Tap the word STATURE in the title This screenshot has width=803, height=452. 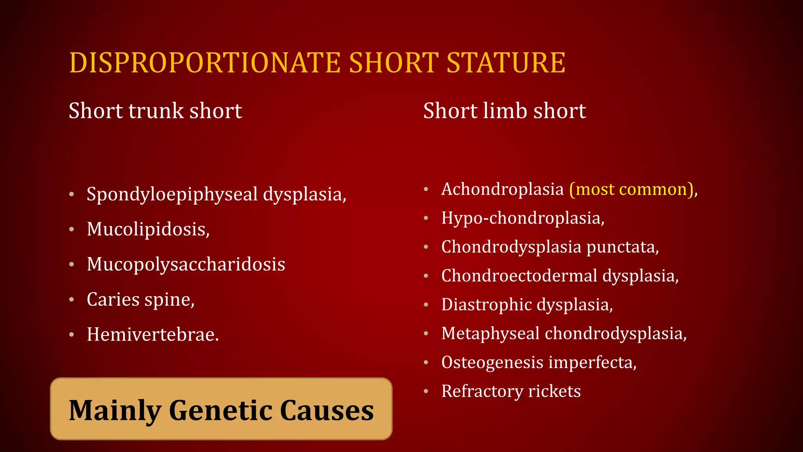506,63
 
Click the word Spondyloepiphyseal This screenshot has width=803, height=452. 172,195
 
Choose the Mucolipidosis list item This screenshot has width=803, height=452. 148,229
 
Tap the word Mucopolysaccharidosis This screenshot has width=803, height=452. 186,264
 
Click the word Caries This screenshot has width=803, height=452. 113,299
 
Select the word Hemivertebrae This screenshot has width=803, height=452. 153,335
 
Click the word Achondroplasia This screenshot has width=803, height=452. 502,190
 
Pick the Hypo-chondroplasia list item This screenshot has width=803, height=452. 523,218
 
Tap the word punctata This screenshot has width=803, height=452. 622,247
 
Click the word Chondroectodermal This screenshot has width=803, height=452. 519,276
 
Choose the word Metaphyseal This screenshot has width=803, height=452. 491,334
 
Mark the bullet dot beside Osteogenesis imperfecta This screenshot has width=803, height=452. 426,363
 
